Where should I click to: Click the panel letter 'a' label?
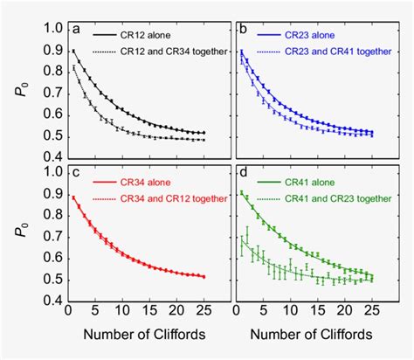[77, 31]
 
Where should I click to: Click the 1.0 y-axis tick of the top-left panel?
[53, 29]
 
